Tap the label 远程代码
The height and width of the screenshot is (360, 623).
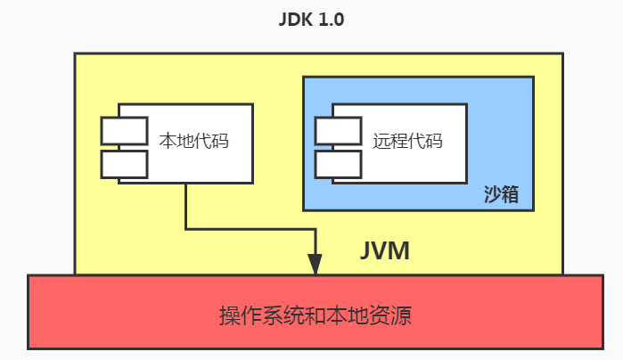click(407, 141)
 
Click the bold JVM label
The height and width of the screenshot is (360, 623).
click(384, 250)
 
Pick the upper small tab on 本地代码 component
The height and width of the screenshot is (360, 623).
click(124, 130)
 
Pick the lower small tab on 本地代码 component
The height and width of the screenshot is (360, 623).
click(124, 164)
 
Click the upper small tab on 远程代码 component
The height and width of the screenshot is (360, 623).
click(338, 130)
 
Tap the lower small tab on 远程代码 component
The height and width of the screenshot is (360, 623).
click(338, 164)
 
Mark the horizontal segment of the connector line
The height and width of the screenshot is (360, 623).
click(250, 229)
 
